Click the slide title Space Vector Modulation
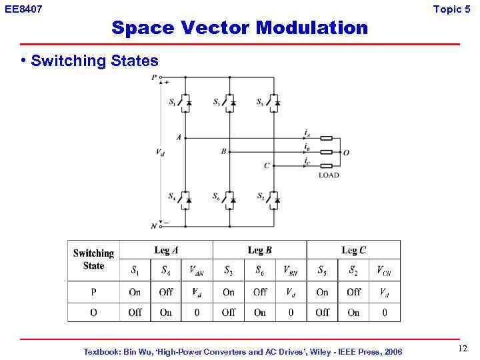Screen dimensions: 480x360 click(x=239, y=28)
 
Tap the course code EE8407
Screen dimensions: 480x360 click(x=23, y=9)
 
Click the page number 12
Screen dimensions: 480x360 click(x=463, y=349)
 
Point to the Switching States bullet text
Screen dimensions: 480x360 click(x=94, y=61)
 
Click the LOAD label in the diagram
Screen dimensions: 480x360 click(x=329, y=175)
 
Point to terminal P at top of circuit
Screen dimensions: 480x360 click(x=155, y=77)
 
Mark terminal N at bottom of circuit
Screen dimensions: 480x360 click(x=155, y=226)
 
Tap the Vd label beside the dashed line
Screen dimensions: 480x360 click(x=160, y=153)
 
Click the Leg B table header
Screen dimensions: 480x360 click(x=259, y=250)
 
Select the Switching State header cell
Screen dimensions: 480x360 click(x=93, y=259)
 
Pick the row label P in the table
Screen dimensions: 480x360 click(x=93, y=292)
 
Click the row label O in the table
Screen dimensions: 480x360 click(x=93, y=312)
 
